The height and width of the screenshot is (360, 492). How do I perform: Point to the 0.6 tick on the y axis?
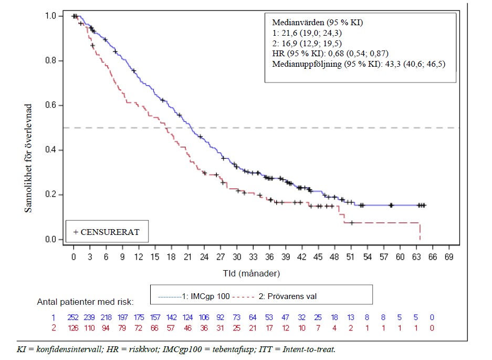63,106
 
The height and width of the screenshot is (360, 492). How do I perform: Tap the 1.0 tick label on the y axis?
52,16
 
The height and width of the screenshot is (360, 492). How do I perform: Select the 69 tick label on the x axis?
449,257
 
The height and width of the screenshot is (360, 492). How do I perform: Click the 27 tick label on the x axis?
221,257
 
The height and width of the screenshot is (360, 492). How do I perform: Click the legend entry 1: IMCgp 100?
194,296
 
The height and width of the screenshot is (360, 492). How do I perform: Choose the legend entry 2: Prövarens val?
284,296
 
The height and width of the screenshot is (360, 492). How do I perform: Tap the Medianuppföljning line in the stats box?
360,64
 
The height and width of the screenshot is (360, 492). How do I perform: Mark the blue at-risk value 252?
74,317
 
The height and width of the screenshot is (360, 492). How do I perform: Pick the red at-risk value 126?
74,328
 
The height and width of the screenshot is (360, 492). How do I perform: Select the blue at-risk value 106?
204,317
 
